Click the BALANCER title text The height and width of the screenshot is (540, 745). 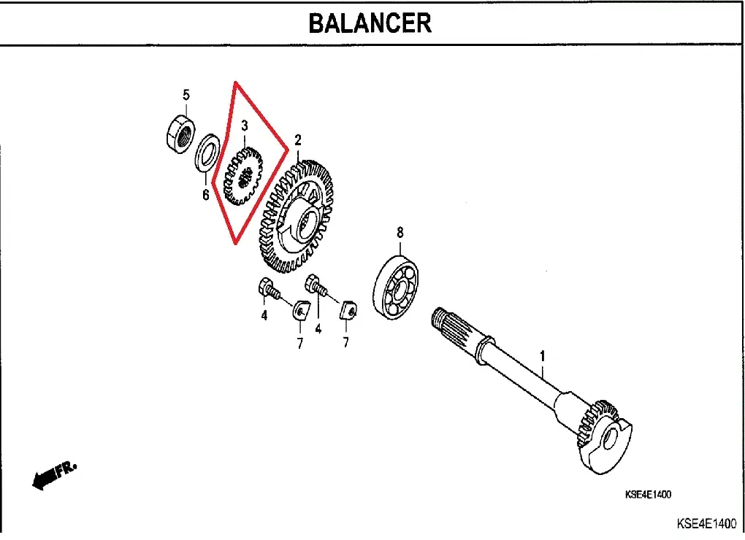point(370,23)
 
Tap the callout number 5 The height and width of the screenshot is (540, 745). point(186,94)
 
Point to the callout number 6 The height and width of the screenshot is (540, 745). point(205,195)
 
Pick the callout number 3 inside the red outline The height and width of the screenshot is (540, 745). point(244,126)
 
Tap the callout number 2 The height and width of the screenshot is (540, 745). point(297,139)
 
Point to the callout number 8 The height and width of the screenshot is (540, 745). point(400,233)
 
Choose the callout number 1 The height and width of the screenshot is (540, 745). point(542,356)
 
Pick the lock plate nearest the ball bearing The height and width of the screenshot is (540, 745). point(348,311)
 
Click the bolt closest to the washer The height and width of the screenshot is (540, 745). point(267,290)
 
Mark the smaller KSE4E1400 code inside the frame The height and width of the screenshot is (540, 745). point(647,495)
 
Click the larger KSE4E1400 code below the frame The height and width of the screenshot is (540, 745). point(706,524)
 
